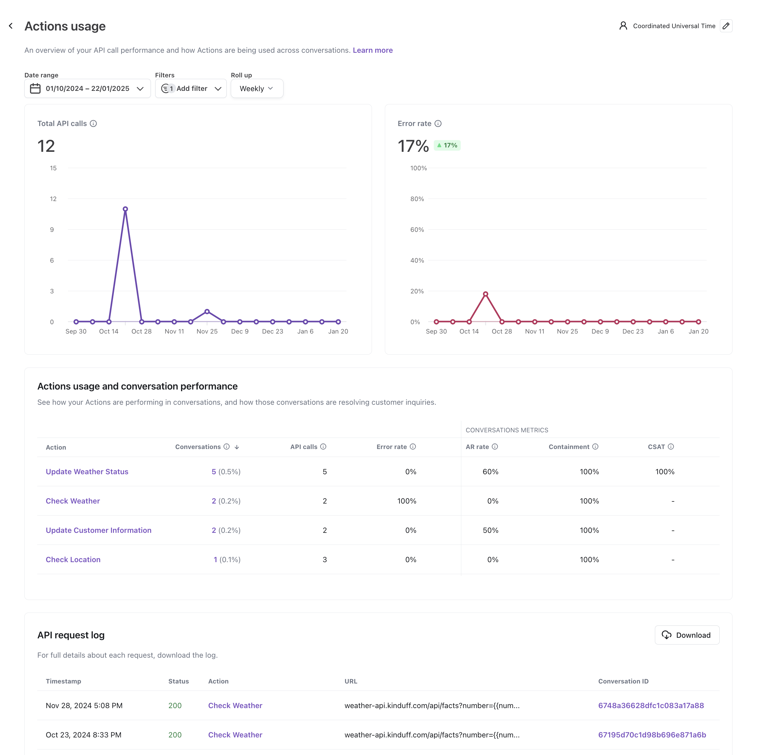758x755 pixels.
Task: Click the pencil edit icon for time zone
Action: tap(726, 26)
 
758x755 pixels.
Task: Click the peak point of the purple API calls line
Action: tap(125, 209)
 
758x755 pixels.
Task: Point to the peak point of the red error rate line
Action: tap(485, 294)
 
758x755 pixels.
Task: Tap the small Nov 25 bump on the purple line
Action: tap(207, 311)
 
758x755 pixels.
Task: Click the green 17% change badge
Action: tap(447, 145)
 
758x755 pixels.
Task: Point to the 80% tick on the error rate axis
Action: tap(417, 199)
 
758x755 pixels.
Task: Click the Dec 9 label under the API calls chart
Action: tap(240, 331)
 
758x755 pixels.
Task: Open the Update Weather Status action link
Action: tap(87, 472)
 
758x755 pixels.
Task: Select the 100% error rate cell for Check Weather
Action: tap(407, 501)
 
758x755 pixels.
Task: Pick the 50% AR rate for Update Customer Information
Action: tap(490, 530)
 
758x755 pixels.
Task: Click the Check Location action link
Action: tap(73, 560)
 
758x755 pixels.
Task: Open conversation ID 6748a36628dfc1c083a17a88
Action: tap(651, 705)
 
